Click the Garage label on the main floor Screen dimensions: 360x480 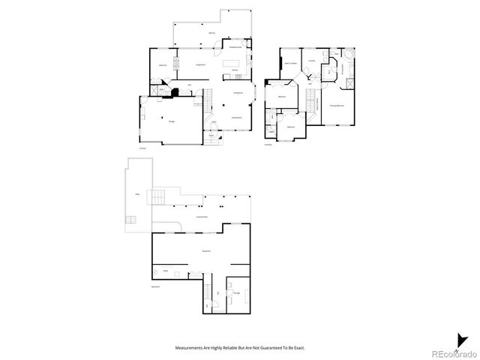point(172,121)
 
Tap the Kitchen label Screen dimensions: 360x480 point(234,70)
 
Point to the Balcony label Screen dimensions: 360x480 point(212,34)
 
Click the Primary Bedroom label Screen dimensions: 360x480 point(337,106)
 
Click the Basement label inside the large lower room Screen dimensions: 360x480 point(205,250)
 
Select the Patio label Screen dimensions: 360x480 point(137,195)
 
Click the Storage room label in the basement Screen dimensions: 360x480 point(236,292)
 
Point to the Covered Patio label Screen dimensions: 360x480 point(202,217)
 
